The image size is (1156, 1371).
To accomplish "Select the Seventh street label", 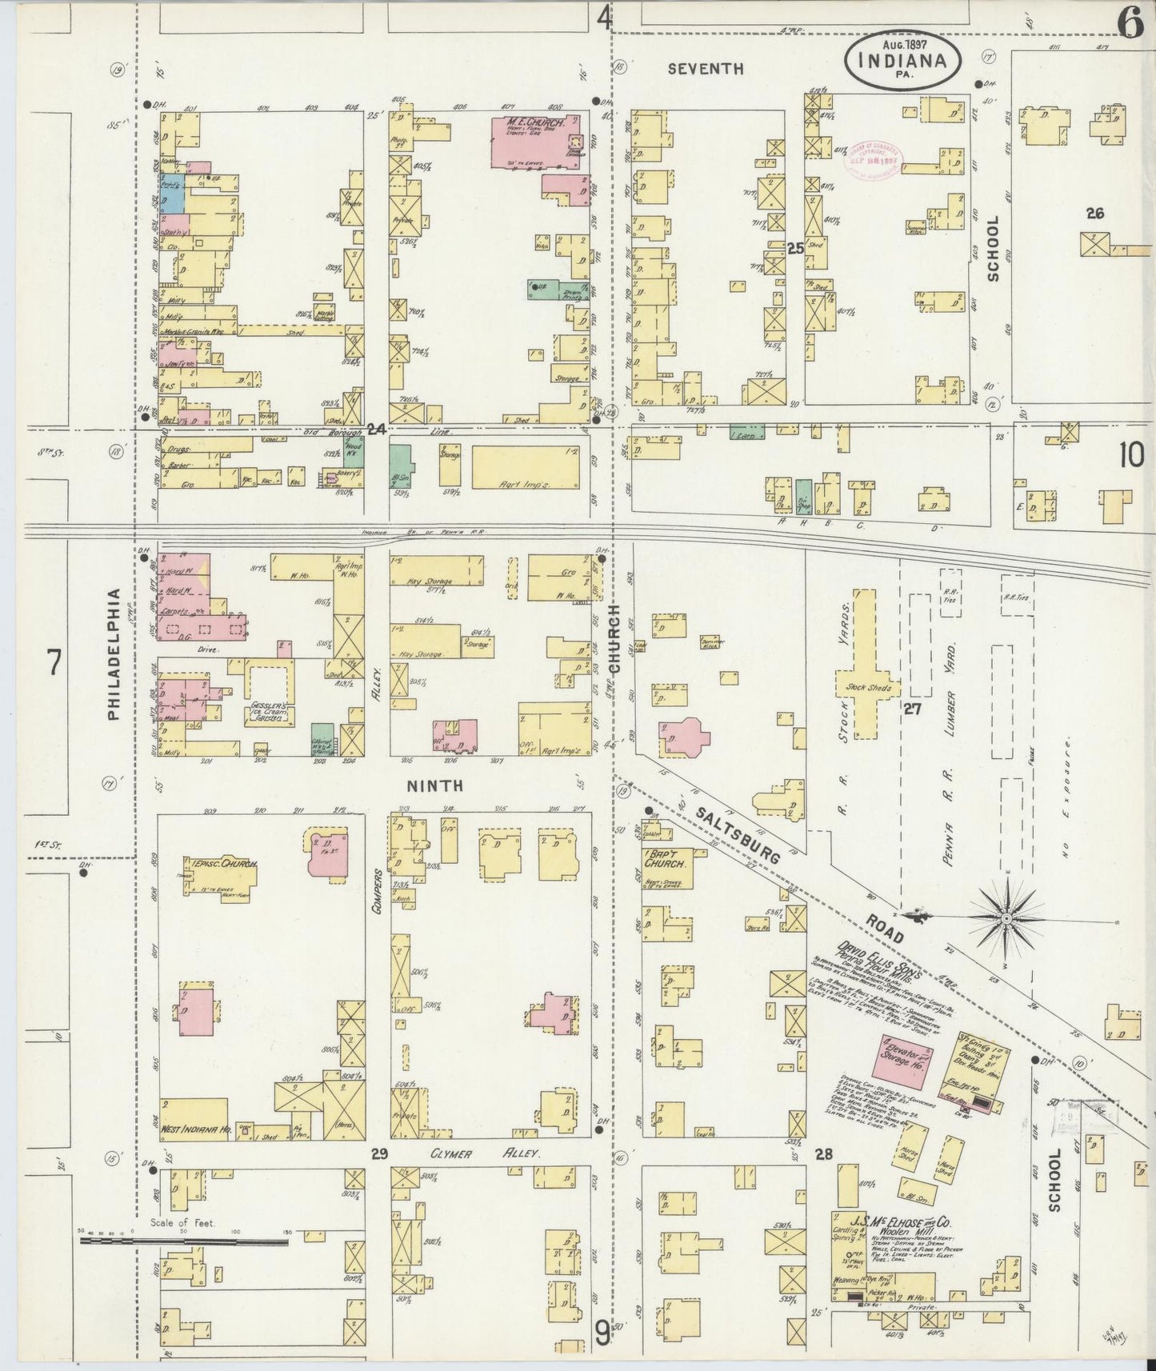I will tap(706, 69).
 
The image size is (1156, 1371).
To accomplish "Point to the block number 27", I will tap(910, 709).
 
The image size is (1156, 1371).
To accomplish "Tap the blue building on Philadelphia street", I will tap(173, 193).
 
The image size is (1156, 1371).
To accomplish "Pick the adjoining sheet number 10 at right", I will tap(1131, 455).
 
